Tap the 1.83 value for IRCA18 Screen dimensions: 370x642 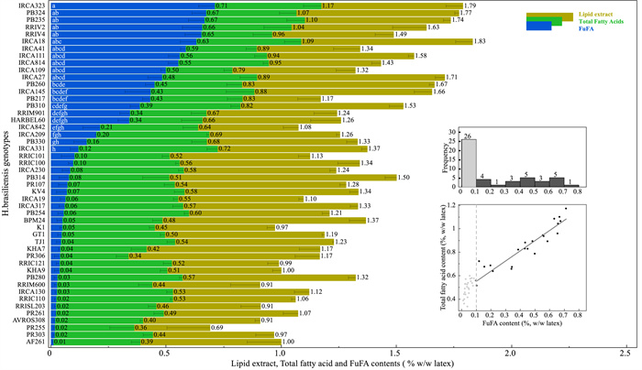pyautogui.click(x=480, y=41)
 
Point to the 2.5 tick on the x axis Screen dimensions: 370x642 pyautogui.click(x=626, y=354)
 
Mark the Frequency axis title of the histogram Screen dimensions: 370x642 pyautogui.click(x=447, y=158)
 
